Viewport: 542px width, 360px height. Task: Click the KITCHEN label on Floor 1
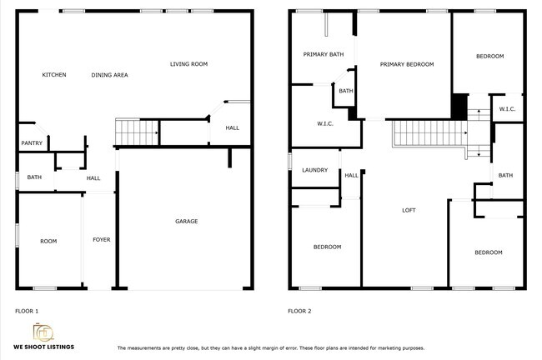coord(54,75)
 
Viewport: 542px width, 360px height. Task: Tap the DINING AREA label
coord(109,75)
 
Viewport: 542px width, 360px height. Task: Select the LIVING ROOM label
coord(188,64)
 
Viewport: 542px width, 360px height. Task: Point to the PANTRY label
coord(32,144)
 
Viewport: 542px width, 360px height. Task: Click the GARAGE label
coord(186,221)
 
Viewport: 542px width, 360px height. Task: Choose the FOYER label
coord(101,240)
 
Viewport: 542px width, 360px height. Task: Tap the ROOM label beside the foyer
coord(48,241)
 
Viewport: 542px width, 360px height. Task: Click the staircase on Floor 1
coord(136,132)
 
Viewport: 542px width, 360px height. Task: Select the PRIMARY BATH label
coord(323,55)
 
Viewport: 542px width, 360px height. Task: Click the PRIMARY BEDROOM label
coord(407,64)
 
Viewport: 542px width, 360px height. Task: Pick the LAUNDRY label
coord(314,171)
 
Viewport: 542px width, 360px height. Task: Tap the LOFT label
coord(409,210)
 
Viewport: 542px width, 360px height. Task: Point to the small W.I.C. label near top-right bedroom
coord(507,109)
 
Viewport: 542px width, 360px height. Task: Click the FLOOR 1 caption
coord(27,311)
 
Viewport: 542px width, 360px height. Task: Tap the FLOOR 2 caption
coord(299,311)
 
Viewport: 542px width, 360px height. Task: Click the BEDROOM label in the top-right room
coord(489,56)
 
